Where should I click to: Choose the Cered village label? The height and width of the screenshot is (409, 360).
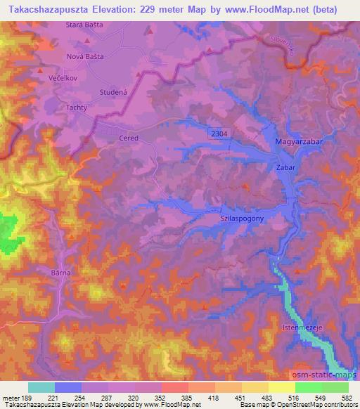[129, 138]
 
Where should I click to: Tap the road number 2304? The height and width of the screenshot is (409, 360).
[217, 132]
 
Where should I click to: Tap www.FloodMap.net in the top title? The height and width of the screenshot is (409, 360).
[276, 10]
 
